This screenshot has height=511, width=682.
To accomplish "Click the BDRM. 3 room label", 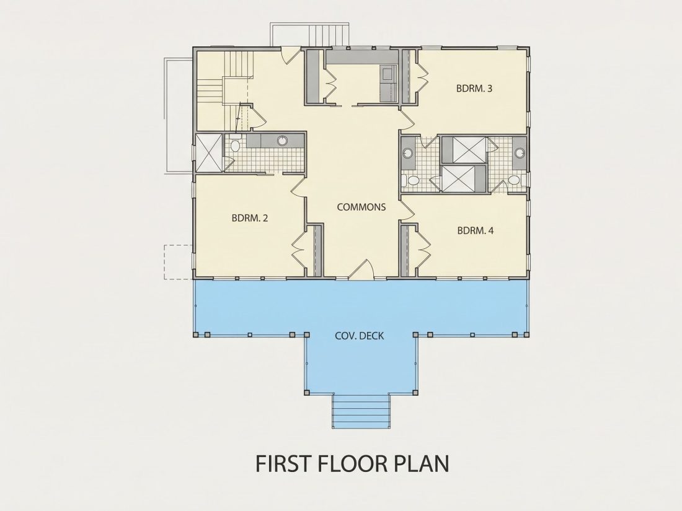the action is click(474, 89).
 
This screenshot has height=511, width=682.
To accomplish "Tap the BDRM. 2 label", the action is click(250, 218).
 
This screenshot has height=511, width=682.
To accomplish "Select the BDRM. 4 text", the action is click(476, 230).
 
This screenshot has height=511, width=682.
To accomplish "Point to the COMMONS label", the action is click(361, 207).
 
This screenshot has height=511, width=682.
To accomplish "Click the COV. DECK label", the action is click(359, 336).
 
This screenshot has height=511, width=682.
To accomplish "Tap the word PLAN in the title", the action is click(421, 463).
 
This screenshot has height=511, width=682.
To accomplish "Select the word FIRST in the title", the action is click(283, 463).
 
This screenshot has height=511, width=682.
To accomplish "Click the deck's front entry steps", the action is click(360, 411).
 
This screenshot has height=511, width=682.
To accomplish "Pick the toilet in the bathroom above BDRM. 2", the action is click(236, 144).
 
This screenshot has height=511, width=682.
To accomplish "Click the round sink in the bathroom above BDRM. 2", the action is click(283, 141).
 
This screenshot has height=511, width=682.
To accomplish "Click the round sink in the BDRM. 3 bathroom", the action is click(407, 153).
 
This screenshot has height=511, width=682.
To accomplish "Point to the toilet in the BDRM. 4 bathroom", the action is click(513, 180).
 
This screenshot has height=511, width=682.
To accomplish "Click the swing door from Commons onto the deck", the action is click(361, 269).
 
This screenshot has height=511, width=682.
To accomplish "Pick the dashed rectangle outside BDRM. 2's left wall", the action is click(179, 262).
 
